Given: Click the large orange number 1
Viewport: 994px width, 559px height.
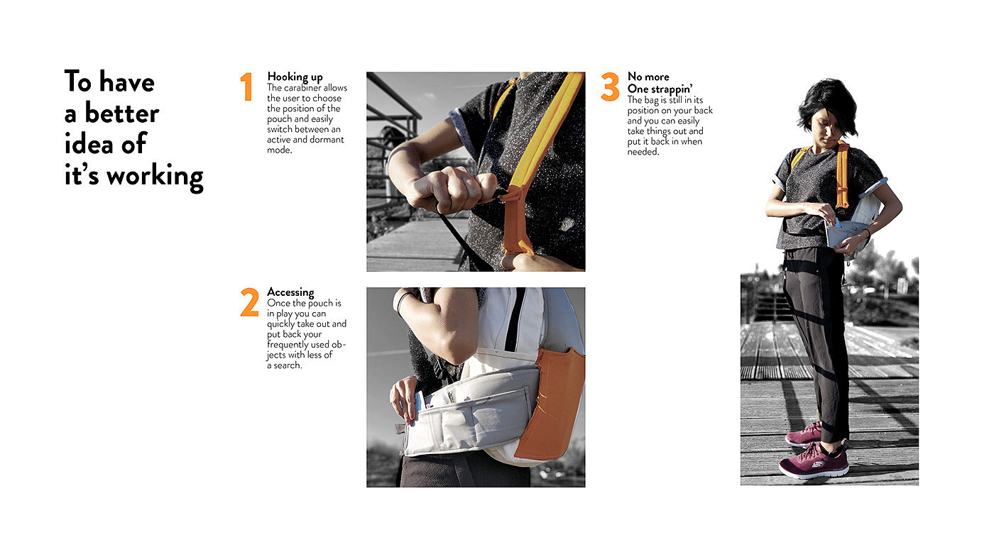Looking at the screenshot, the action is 247,87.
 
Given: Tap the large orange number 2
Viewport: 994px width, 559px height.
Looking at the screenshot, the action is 249,302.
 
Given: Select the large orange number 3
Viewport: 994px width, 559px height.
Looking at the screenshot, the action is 610,87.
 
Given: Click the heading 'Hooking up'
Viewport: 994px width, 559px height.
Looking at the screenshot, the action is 295,77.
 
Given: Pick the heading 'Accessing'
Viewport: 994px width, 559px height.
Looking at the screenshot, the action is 290,292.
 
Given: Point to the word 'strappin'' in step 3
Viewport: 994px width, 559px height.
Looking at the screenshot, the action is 672,89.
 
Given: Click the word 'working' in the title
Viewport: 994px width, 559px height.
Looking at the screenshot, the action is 155,177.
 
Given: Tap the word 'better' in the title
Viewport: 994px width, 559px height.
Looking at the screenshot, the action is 122,114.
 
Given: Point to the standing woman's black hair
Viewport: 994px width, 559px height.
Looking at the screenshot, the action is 828,104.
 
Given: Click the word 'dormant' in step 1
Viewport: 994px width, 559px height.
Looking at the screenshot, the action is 327,140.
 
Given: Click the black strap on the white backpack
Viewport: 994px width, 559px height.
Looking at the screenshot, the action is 515,320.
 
